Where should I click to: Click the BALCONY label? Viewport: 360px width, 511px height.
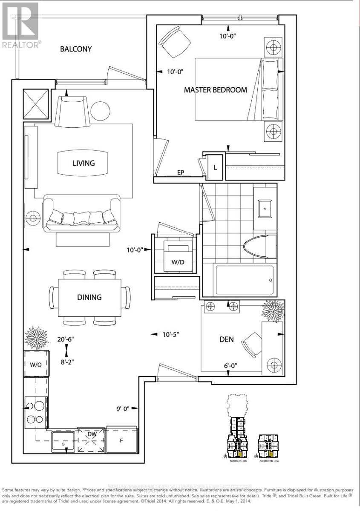pyautogui.click(x=76, y=49)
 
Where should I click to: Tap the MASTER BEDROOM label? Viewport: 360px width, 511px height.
pyautogui.click(x=215, y=90)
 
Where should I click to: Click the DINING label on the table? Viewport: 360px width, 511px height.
pyautogui.click(x=89, y=297)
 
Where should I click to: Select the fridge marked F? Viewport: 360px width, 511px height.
pyautogui.click(x=121, y=440)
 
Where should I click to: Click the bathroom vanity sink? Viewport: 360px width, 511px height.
pyautogui.click(x=265, y=208)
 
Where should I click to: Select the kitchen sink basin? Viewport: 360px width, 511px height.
pyautogui.click(x=64, y=442)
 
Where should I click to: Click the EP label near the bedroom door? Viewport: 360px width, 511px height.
pyautogui.click(x=181, y=172)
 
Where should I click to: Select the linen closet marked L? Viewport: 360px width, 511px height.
pyautogui.click(x=215, y=167)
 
